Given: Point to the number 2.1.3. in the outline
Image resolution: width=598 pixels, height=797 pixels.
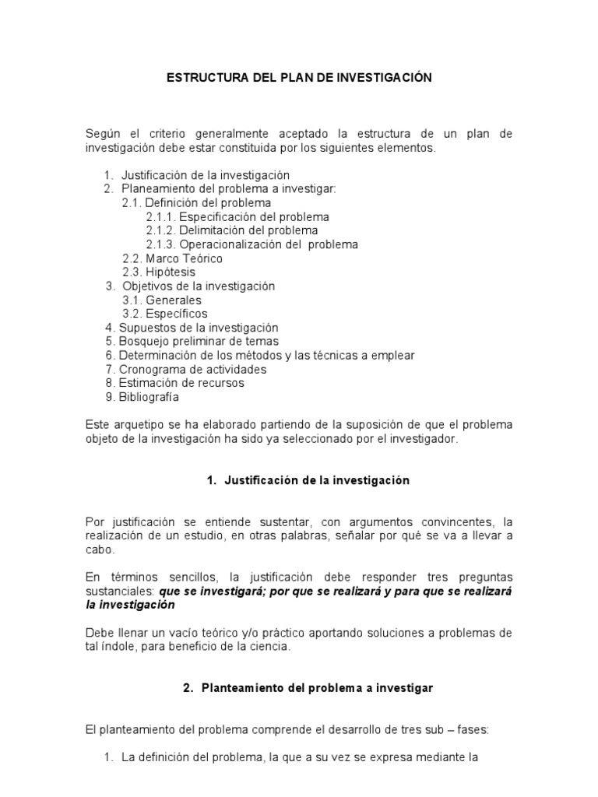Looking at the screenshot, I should [x=160, y=244].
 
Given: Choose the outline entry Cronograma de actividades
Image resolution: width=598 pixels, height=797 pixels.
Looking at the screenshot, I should [x=192, y=369].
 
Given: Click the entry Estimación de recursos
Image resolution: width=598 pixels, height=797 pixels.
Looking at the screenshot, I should [x=181, y=383].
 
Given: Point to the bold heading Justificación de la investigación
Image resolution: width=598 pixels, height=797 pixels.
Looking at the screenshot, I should [x=317, y=481].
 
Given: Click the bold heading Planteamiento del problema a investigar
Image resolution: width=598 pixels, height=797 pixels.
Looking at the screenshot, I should [x=317, y=688].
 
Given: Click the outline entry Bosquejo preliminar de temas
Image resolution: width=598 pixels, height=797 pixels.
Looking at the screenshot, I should [x=199, y=342].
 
